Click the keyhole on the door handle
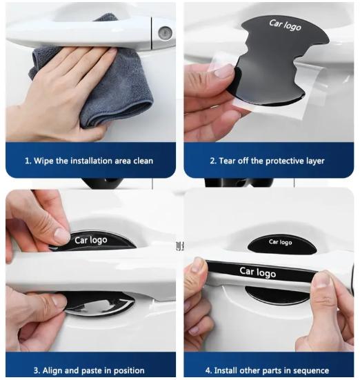(163, 32)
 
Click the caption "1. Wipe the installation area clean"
(89, 161)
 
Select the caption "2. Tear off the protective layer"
(267, 161)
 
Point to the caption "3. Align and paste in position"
(89, 370)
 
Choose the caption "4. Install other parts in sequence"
(269, 370)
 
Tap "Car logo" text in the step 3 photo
(92, 241)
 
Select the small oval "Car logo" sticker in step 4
(281, 243)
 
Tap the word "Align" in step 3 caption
(48, 370)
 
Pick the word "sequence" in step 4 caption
(310, 370)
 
